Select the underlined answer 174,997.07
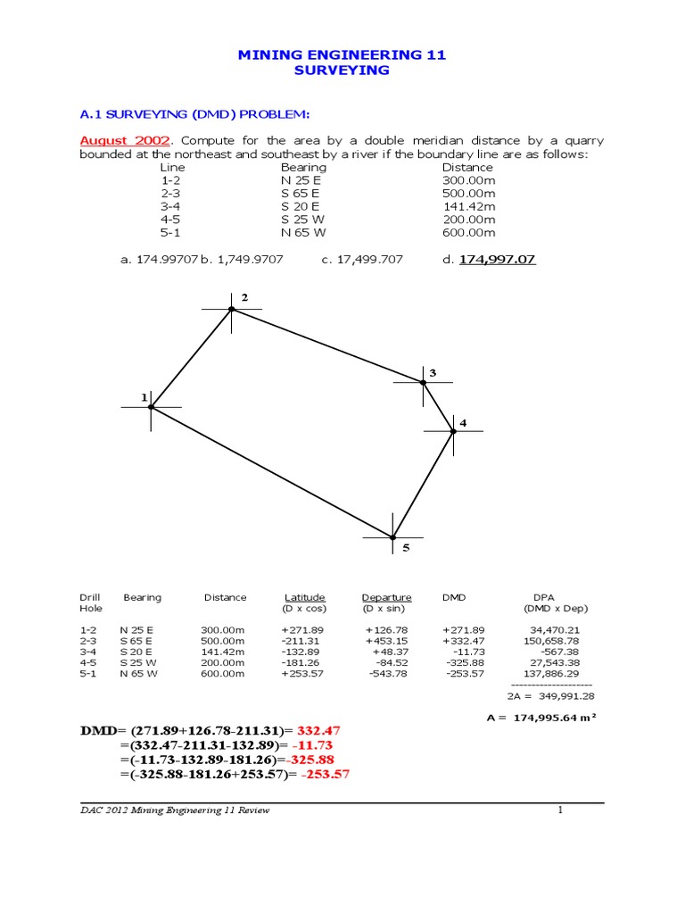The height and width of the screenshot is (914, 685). pyautogui.click(x=498, y=259)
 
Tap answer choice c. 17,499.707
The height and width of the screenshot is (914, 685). pyautogui.click(x=362, y=259)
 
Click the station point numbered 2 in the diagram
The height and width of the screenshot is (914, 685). pyautogui.click(x=232, y=309)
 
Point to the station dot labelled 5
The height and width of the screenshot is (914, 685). pyautogui.click(x=392, y=537)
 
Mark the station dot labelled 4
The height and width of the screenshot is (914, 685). pyautogui.click(x=453, y=431)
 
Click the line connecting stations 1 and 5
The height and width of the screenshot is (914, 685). pyautogui.click(x=272, y=472)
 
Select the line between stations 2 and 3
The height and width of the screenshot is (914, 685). pyautogui.click(x=327, y=345)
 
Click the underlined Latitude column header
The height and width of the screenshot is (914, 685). pyautogui.click(x=304, y=597)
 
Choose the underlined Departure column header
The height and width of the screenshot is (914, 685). pyautogui.click(x=386, y=597)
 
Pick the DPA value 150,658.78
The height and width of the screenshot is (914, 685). pyautogui.click(x=554, y=640)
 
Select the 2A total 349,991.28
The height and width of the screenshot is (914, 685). pyautogui.click(x=562, y=695)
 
